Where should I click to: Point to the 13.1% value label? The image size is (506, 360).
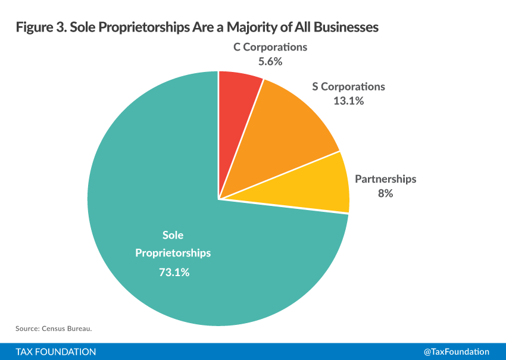click(348, 101)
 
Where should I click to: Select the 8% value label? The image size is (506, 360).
click(385, 193)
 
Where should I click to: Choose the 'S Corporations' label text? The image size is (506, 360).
click(348, 87)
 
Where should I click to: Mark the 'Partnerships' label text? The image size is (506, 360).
click(385, 179)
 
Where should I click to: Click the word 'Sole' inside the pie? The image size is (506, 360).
click(173, 235)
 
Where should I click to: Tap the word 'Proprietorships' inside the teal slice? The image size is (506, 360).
click(173, 253)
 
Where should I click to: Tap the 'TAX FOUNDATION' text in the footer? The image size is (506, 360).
click(56, 352)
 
